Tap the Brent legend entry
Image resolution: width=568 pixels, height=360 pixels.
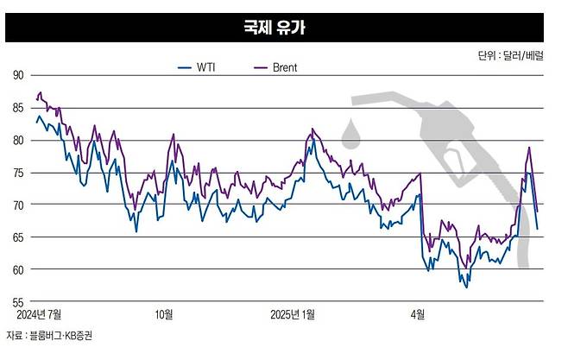point(275,67)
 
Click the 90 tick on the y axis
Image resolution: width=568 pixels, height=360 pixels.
point(17,75)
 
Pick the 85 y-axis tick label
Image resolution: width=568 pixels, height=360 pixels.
point(17,108)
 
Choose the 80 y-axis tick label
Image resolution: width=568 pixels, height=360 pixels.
point(17,140)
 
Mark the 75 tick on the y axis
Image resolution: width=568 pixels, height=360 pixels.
point(17,173)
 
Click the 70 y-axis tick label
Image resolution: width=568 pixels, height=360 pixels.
point(17,205)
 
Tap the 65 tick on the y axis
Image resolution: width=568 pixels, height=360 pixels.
point(17,237)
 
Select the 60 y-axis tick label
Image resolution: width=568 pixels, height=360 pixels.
point(17,269)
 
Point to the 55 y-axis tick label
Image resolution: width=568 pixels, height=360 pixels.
point(17,302)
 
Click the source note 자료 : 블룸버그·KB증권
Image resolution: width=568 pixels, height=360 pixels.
point(50,335)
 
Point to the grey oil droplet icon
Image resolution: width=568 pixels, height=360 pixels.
point(351,133)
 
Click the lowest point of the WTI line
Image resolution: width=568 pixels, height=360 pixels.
point(467,287)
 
